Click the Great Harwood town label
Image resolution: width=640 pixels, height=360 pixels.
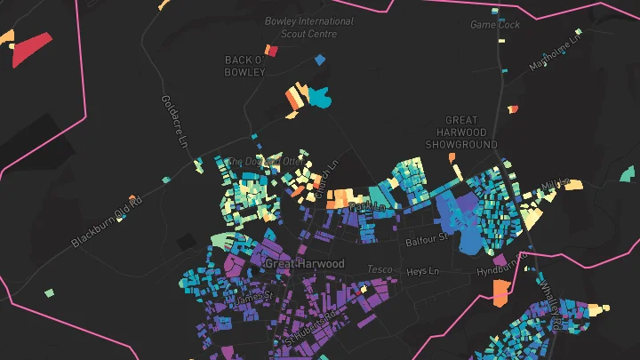(x=304, y=264)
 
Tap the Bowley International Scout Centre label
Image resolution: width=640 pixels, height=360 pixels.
(x=308, y=27)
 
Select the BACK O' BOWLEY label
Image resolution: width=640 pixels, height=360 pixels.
(x=245, y=66)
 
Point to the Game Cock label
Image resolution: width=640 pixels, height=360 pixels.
(x=495, y=25)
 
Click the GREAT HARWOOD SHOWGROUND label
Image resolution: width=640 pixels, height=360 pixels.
(x=460, y=132)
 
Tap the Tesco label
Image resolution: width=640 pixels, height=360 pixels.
(x=380, y=268)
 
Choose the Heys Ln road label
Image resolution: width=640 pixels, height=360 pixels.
(x=422, y=270)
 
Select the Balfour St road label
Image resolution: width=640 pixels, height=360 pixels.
(x=425, y=239)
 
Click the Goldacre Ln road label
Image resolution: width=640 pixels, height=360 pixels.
(x=175, y=122)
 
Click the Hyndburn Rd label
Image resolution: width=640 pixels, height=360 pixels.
(x=499, y=269)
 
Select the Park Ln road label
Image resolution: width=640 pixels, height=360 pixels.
(x=368, y=206)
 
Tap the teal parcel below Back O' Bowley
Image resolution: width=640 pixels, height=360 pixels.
(x=318, y=98)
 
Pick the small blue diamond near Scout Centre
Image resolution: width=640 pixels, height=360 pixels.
(x=319, y=60)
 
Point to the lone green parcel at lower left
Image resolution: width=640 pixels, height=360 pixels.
(x=50, y=292)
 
